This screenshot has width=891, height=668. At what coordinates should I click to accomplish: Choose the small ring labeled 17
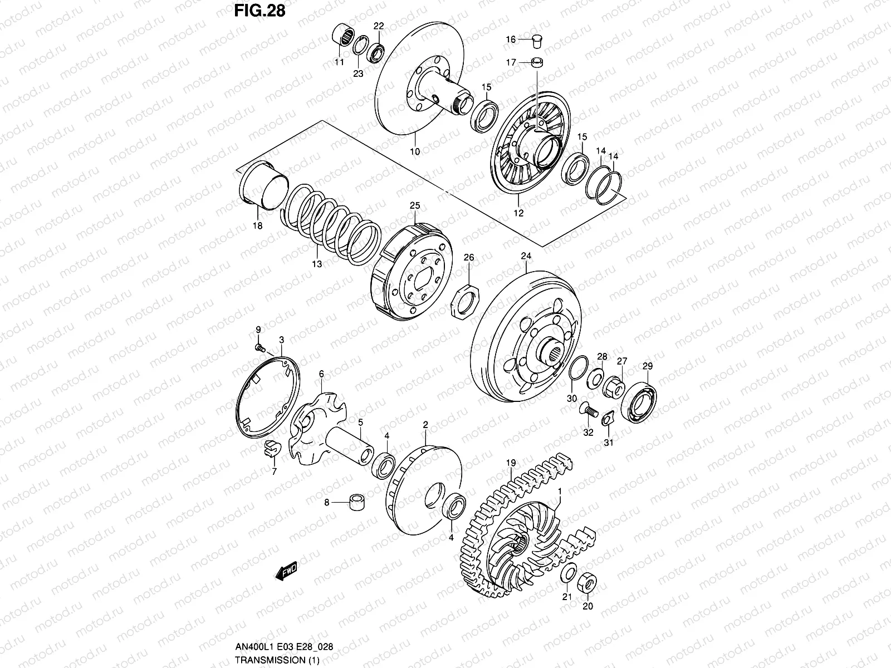tap(537, 62)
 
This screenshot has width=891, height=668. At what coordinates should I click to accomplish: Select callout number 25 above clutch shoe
tap(414, 206)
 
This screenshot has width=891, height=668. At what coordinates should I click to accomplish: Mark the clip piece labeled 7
tap(271, 447)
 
